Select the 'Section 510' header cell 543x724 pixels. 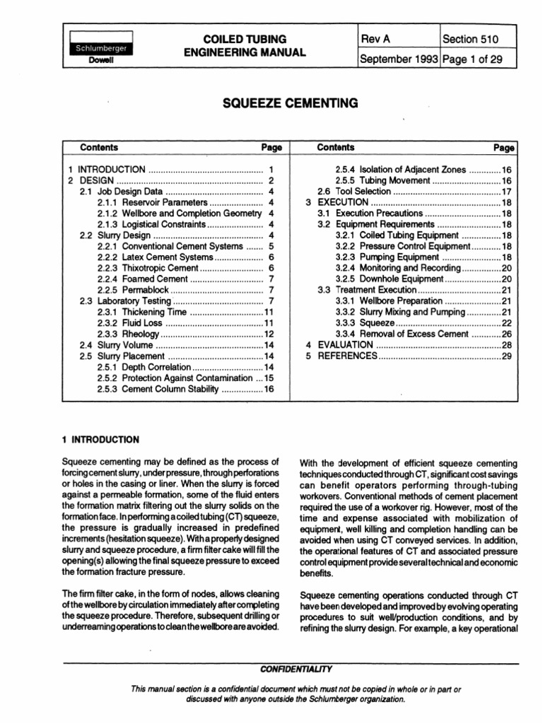472,40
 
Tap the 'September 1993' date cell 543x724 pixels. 399,59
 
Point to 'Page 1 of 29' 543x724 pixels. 472,59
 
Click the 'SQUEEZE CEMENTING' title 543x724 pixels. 291,103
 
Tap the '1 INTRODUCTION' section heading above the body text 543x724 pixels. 101,439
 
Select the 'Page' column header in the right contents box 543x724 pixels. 503,148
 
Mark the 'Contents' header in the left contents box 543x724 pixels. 99,148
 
